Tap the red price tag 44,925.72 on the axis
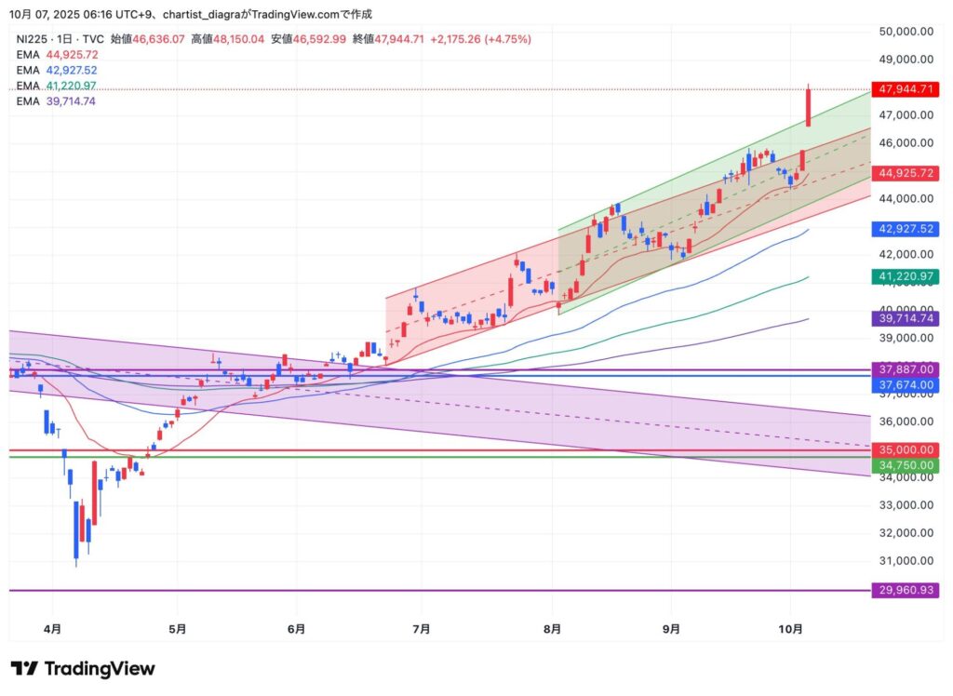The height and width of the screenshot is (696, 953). tap(904, 173)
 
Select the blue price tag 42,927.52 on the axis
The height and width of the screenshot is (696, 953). tap(904, 229)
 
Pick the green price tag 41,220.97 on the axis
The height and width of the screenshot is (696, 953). tap(904, 276)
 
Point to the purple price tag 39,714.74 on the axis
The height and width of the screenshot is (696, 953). tap(904, 318)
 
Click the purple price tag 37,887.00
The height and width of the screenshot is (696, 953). tap(904, 369)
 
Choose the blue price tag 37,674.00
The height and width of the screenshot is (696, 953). tap(904, 384)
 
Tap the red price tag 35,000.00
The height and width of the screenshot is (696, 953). tap(904, 449)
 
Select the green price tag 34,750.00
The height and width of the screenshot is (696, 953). tap(904, 464)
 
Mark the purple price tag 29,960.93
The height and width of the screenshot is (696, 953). tap(904, 590)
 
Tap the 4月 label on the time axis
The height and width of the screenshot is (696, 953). tap(52, 629)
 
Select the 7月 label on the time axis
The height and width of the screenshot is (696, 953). tap(421, 629)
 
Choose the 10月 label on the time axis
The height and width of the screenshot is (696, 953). tap(790, 629)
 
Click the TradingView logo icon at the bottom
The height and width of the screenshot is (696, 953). tap(24, 669)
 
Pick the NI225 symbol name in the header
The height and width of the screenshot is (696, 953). tap(33, 39)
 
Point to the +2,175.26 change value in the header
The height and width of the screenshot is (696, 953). tap(456, 39)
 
